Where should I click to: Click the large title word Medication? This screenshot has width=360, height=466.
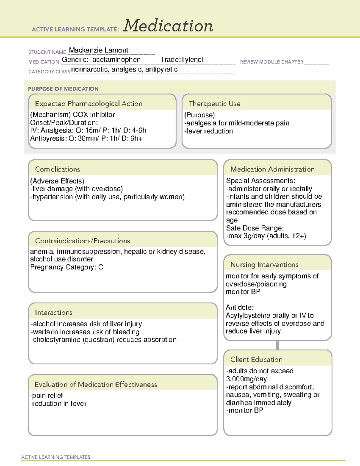pyautogui.click(x=168, y=26)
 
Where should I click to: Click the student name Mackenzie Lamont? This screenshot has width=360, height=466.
pyautogui.click(x=98, y=50)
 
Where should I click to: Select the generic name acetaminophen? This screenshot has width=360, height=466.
pyautogui.click(x=116, y=60)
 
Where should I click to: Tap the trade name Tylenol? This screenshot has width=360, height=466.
pyautogui.click(x=192, y=60)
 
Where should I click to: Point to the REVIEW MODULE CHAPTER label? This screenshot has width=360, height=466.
pyautogui.click(x=271, y=62)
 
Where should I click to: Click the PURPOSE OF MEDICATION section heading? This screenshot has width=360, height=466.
pyautogui.click(x=63, y=89)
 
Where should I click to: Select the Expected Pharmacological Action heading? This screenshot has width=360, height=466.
pyautogui.click(x=88, y=104)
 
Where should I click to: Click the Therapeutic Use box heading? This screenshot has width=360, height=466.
pyautogui.click(x=214, y=104)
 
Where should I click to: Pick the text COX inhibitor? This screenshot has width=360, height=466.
pyautogui.click(x=94, y=115)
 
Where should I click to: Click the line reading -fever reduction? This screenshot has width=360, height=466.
pyautogui.click(x=209, y=131)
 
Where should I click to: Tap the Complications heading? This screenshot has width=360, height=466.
pyautogui.click(x=57, y=169)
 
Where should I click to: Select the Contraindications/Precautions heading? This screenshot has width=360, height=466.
pyautogui.click(x=82, y=241)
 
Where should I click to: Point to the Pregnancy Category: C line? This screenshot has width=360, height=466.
pyautogui.click(x=67, y=267)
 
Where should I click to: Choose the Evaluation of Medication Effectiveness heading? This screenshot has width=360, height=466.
pyautogui.click(x=96, y=384)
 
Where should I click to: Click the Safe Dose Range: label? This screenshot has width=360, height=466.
pyautogui.click(x=255, y=228)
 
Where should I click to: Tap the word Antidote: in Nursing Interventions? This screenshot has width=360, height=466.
pyautogui.click(x=240, y=307)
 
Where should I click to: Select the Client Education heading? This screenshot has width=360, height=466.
pyautogui.click(x=256, y=359)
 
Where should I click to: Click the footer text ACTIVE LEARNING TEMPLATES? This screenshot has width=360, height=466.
pyautogui.click(x=56, y=457)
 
